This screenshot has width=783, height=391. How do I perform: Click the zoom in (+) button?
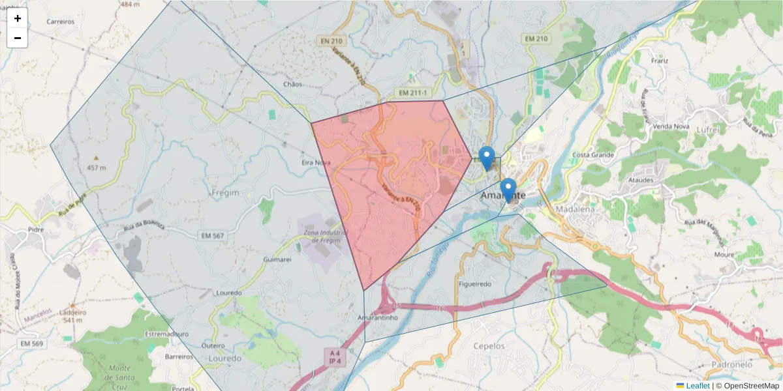(18, 18)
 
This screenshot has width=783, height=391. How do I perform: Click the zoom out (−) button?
(18, 38)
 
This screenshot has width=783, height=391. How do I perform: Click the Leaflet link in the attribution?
(697, 386)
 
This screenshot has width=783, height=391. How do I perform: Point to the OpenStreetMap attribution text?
(751, 386)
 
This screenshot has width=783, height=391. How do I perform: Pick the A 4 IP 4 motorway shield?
(336, 356)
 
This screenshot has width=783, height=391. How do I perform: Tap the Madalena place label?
(576, 209)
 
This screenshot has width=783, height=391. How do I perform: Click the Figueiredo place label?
(474, 285)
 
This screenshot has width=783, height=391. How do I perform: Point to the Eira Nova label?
(316, 162)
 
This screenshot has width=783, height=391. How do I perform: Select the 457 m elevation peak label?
(96, 167)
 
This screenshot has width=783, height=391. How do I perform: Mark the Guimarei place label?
(276, 259)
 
